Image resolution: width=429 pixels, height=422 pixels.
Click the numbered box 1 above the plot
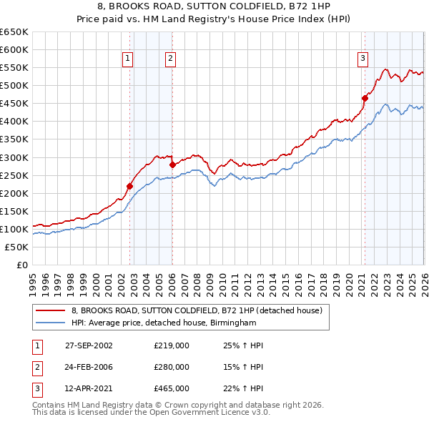click(x=127, y=59)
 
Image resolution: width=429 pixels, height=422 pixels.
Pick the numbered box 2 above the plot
click(x=171, y=59)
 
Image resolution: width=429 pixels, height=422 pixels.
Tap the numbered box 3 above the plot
click(x=363, y=59)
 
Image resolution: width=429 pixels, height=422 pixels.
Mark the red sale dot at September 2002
click(x=130, y=186)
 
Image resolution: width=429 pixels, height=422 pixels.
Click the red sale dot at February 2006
click(x=172, y=165)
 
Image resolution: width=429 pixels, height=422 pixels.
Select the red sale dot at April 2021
click(x=365, y=98)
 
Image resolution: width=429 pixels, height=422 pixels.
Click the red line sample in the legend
click(x=51, y=310)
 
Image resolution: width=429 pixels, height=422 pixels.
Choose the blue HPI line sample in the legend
click(x=51, y=323)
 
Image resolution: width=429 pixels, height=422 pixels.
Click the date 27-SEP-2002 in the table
click(x=89, y=345)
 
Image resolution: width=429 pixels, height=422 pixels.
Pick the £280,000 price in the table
click(x=172, y=367)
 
